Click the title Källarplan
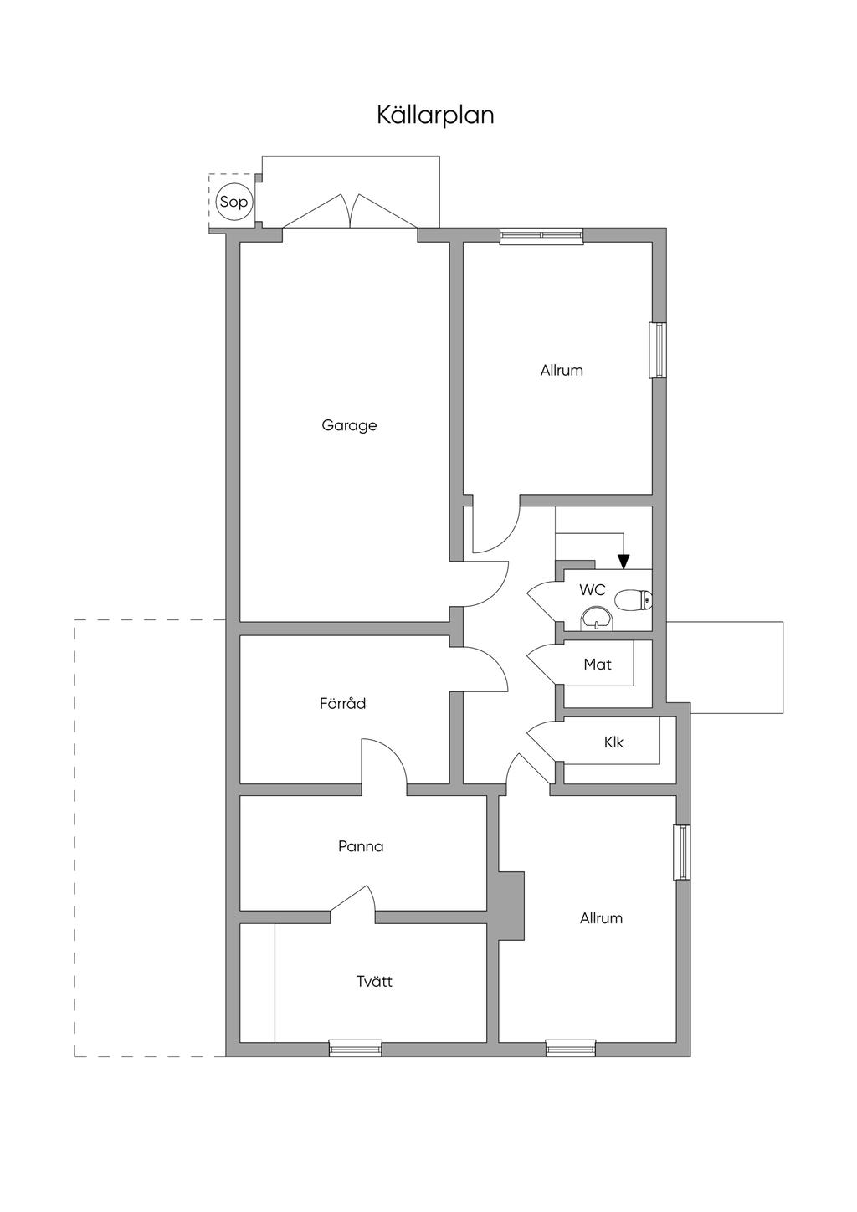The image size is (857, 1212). pyautogui.click(x=435, y=116)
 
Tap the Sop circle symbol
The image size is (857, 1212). pyautogui.click(x=233, y=202)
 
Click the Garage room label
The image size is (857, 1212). pyautogui.click(x=349, y=425)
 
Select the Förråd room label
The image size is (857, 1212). pyautogui.click(x=342, y=703)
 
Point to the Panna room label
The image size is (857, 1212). pyautogui.click(x=361, y=845)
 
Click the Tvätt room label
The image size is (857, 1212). pyautogui.click(x=374, y=980)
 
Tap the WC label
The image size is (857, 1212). pyautogui.click(x=593, y=590)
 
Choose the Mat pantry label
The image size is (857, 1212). pyautogui.click(x=598, y=664)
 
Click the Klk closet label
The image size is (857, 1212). pyautogui.click(x=613, y=742)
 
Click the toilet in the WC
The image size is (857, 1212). pyautogui.click(x=634, y=599)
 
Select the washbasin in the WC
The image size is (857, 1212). pyautogui.click(x=596, y=619)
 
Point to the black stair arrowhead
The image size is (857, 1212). pyautogui.click(x=624, y=562)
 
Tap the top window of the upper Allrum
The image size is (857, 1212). pyautogui.click(x=541, y=235)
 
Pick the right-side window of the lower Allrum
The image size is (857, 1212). pyautogui.click(x=682, y=852)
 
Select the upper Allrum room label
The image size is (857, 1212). pyautogui.click(x=562, y=371)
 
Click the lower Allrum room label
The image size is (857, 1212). pyautogui.click(x=601, y=918)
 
